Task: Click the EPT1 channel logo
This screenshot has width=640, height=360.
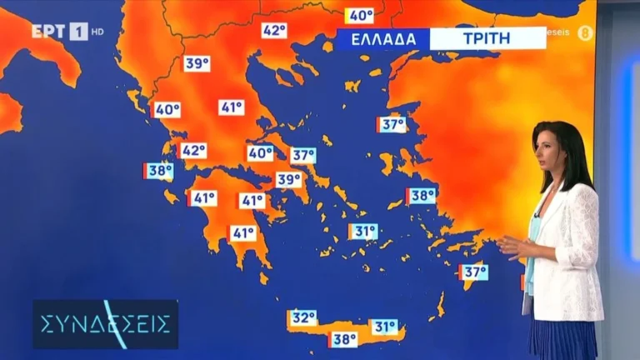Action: [59, 32]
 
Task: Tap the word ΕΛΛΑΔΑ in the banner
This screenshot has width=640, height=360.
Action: [382, 38]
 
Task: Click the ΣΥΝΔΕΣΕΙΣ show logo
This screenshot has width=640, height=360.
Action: [105, 323]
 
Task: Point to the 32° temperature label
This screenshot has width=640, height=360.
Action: [302, 317]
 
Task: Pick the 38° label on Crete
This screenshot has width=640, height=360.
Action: [343, 339]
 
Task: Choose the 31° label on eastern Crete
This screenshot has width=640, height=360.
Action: [383, 327]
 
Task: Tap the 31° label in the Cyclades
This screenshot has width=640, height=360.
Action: [363, 232]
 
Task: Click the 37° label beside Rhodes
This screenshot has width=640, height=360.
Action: [473, 272]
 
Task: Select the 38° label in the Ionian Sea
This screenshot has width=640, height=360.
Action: [158, 171]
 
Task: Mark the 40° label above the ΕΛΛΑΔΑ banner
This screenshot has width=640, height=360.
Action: [360, 15]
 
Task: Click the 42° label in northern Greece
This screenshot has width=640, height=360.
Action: [274, 31]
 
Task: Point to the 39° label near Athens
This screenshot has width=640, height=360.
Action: [288, 179]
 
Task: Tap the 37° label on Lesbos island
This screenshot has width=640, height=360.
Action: [392, 125]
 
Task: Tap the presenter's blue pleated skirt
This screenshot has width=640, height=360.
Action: [563, 340]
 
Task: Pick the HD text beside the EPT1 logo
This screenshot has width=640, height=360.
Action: [97, 32]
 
